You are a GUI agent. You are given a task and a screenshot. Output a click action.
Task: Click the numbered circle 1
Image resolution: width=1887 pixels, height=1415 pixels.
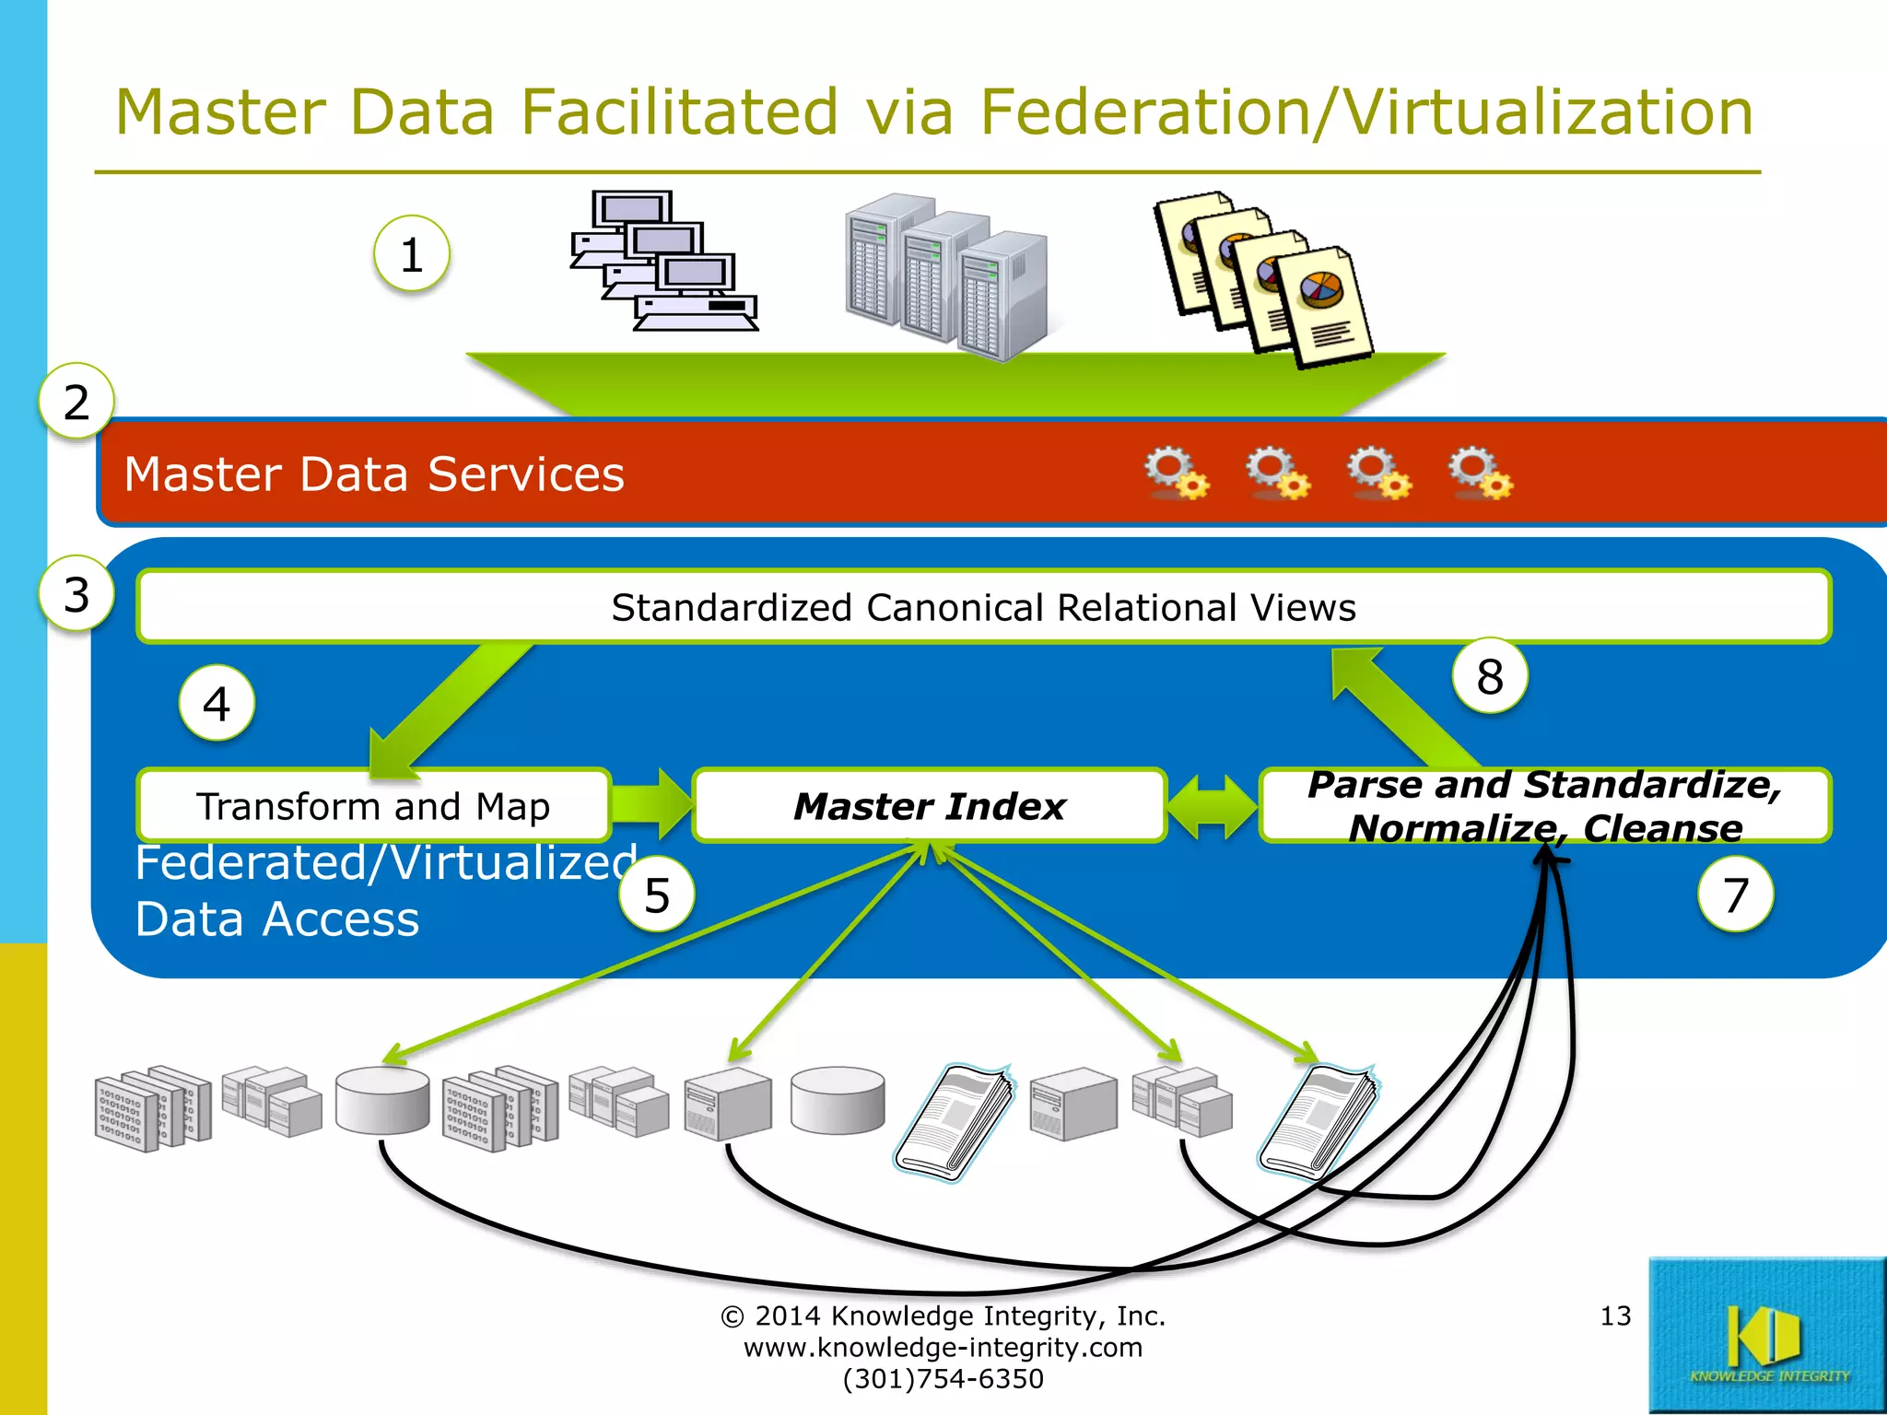coord(412,254)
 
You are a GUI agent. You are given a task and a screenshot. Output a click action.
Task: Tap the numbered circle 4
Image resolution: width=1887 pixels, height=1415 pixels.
coord(217,704)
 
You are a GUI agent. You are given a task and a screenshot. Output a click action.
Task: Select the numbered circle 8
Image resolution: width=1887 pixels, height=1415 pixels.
coord(1490,676)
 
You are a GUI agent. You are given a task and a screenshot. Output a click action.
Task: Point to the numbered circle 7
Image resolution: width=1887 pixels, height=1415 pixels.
coord(1736,895)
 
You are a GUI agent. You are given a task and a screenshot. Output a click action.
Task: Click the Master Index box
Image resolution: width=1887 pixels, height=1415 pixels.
coord(929,806)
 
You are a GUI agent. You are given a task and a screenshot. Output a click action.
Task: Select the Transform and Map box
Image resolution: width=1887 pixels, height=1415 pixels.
coord(373,806)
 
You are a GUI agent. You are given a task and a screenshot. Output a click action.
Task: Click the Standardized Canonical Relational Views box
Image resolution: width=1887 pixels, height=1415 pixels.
coord(983,607)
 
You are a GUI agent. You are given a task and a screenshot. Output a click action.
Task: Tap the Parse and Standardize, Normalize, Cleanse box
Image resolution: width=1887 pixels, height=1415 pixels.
coord(1545,806)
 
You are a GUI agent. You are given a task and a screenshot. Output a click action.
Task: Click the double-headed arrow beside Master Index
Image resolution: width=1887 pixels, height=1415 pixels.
coord(1213,806)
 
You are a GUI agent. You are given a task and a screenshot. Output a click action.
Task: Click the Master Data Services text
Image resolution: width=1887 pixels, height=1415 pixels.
coord(374,474)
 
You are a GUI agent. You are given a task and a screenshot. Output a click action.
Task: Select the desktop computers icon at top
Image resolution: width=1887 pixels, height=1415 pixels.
coord(663,262)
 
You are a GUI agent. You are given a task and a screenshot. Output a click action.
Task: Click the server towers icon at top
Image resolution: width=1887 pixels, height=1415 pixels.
coord(946,276)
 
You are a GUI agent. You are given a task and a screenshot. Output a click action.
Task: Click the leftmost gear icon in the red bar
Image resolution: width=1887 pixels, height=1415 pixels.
coord(1176,474)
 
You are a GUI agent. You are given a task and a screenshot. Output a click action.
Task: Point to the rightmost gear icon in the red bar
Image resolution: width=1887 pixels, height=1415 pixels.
coord(1479,474)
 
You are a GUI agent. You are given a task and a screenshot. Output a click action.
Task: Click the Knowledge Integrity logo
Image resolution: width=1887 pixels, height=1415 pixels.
coord(1766,1336)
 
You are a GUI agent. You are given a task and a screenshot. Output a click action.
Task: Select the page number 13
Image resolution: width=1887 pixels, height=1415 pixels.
coord(1615,1316)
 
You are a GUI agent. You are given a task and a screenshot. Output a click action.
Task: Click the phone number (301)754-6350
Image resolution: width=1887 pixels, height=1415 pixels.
coord(943,1379)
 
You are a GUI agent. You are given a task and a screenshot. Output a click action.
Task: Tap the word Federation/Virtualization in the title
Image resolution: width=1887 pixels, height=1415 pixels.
coord(1365,112)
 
